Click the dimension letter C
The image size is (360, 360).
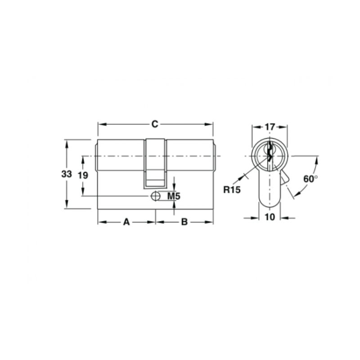click(x=155, y=124)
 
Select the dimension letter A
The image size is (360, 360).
click(x=126, y=222)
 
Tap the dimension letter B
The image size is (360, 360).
click(x=184, y=222)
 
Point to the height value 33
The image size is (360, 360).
click(x=67, y=174)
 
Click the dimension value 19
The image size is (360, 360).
click(x=83, y=175)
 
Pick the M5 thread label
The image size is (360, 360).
click(x=174, y=196)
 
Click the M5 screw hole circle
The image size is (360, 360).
click(x=155, y=196)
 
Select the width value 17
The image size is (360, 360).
click(x=270, y=127)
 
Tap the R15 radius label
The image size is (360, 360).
click(x=232, y=189)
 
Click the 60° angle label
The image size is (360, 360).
click(x=310, y=179)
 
